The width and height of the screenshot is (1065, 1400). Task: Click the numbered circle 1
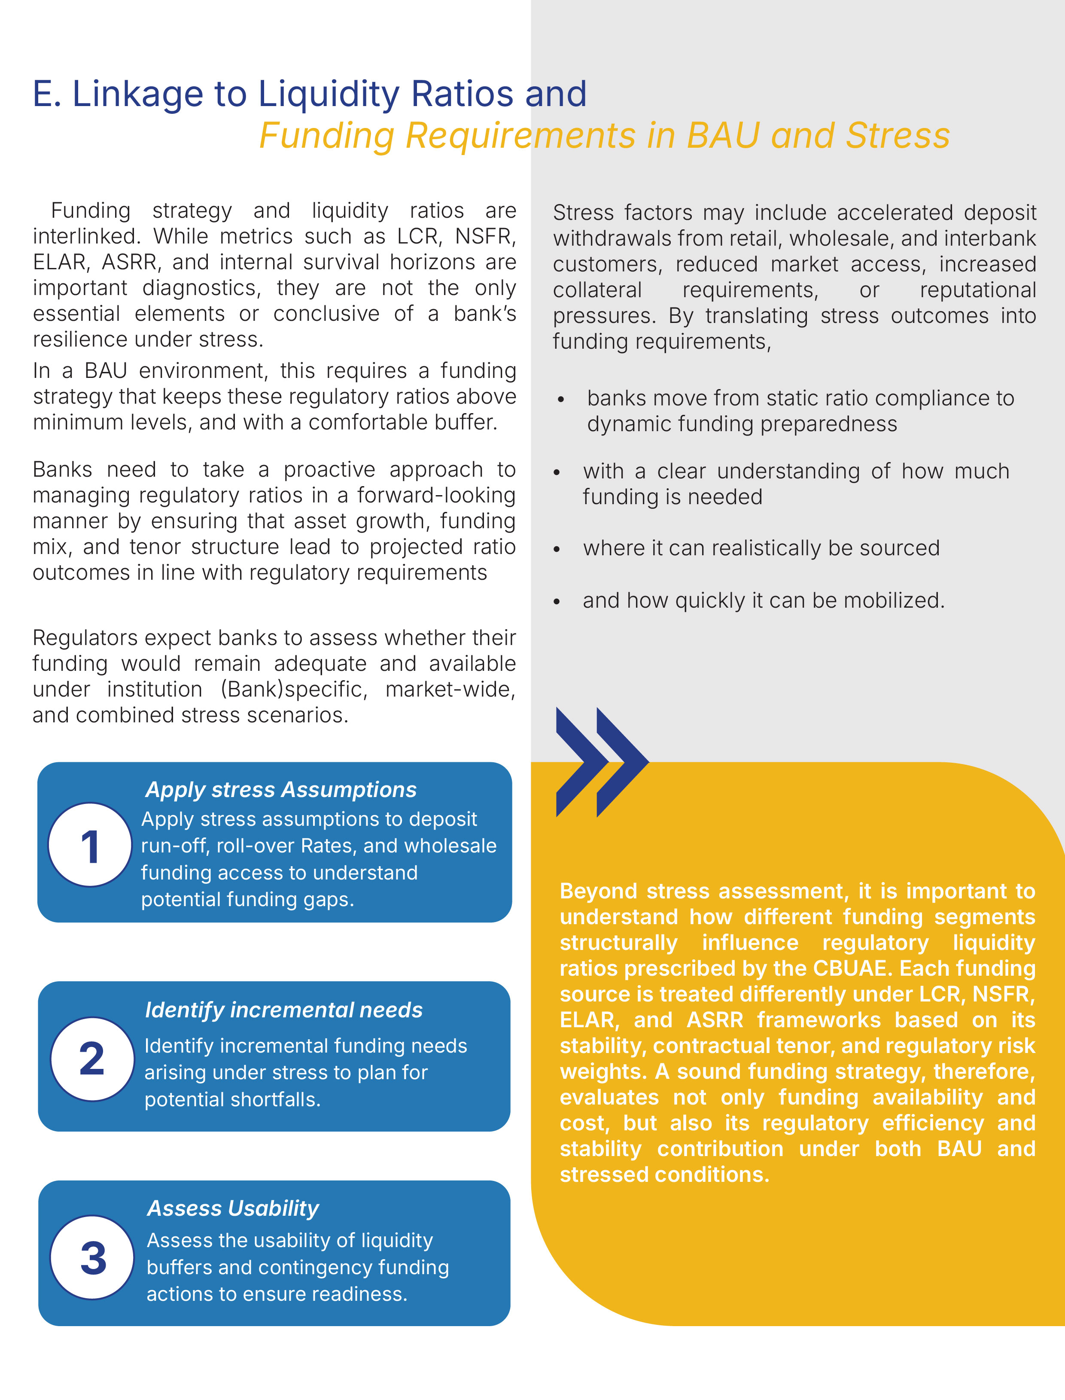pyautogui.click(x=90, y=845)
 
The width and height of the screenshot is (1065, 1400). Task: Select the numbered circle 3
pyautogui.click(x=93, y=1257)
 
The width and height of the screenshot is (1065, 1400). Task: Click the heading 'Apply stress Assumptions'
pyautogui.click(x=281, y=790)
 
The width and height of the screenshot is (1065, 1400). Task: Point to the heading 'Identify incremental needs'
pyautogui.click(x=283, y=1010)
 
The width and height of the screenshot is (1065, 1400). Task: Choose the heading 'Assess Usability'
pyautogui.click(x=233, y=1208)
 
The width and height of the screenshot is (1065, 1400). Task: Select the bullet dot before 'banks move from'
pyautogui.click(x=561, y=400)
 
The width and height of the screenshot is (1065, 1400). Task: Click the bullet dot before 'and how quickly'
pyautogui.click(x=557, y=602)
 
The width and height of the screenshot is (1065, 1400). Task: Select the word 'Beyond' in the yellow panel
pyautogui.click(x=598, y=891)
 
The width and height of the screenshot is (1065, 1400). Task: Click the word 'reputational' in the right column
pyautogui.click(x=977, y=289)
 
